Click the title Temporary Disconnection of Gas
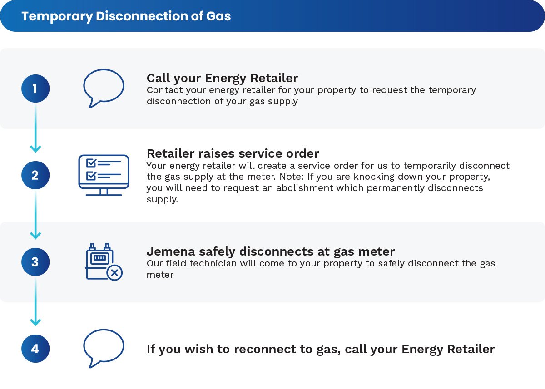click(126, 16)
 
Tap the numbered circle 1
click(35, 88)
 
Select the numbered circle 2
click(35, 175)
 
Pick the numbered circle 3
click(35, 262)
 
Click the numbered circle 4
click(35, 349)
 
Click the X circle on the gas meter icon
click(114, 272)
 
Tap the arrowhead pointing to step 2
click(35, 149)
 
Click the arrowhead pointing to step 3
click(35, 236)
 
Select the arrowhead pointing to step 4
click(35, 322)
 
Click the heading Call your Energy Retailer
click(222, 78)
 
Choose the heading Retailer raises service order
click(233, 153)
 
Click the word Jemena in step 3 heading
click(171, 251)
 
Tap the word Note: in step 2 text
click(292, 177)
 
